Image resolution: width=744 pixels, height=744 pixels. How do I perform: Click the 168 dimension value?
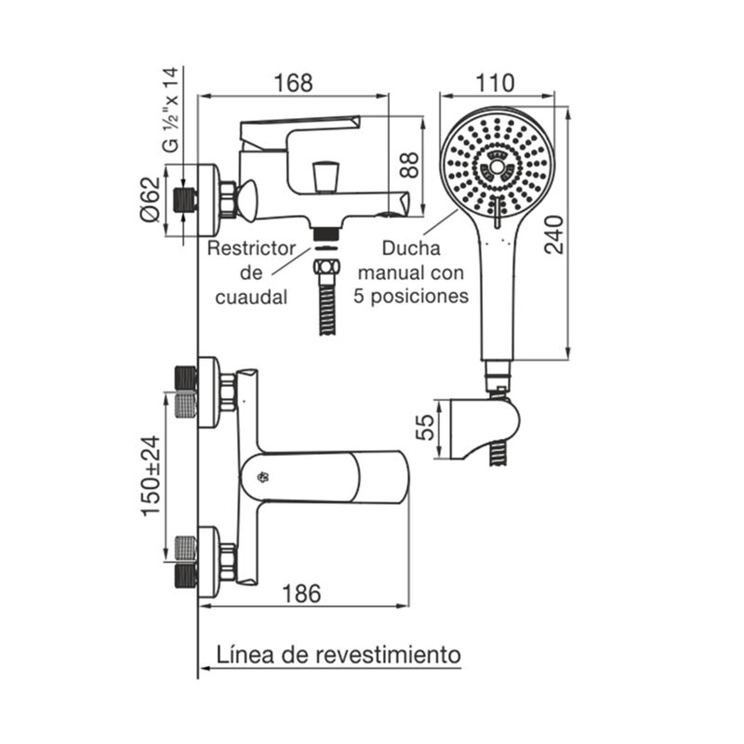click(x=294, y=83)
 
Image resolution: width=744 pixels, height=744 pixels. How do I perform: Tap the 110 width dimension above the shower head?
click(x=495, y=83)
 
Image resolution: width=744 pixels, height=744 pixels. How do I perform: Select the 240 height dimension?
click(x=554, y=235)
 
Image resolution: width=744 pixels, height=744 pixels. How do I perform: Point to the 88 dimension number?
click(x=409, y=165)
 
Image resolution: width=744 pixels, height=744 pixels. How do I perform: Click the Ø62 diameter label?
click(x=152, y=199)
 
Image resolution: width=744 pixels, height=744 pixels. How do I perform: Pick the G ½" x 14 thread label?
click(x=171, y=110)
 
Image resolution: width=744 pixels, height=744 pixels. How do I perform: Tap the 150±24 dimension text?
click(x=152, y=476)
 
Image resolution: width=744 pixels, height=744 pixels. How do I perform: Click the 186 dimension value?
click(x=301, y=593)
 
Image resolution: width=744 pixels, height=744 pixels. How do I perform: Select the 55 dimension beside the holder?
click(x=425, y=428)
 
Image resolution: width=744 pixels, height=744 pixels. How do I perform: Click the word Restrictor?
click(x=251, y=248)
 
